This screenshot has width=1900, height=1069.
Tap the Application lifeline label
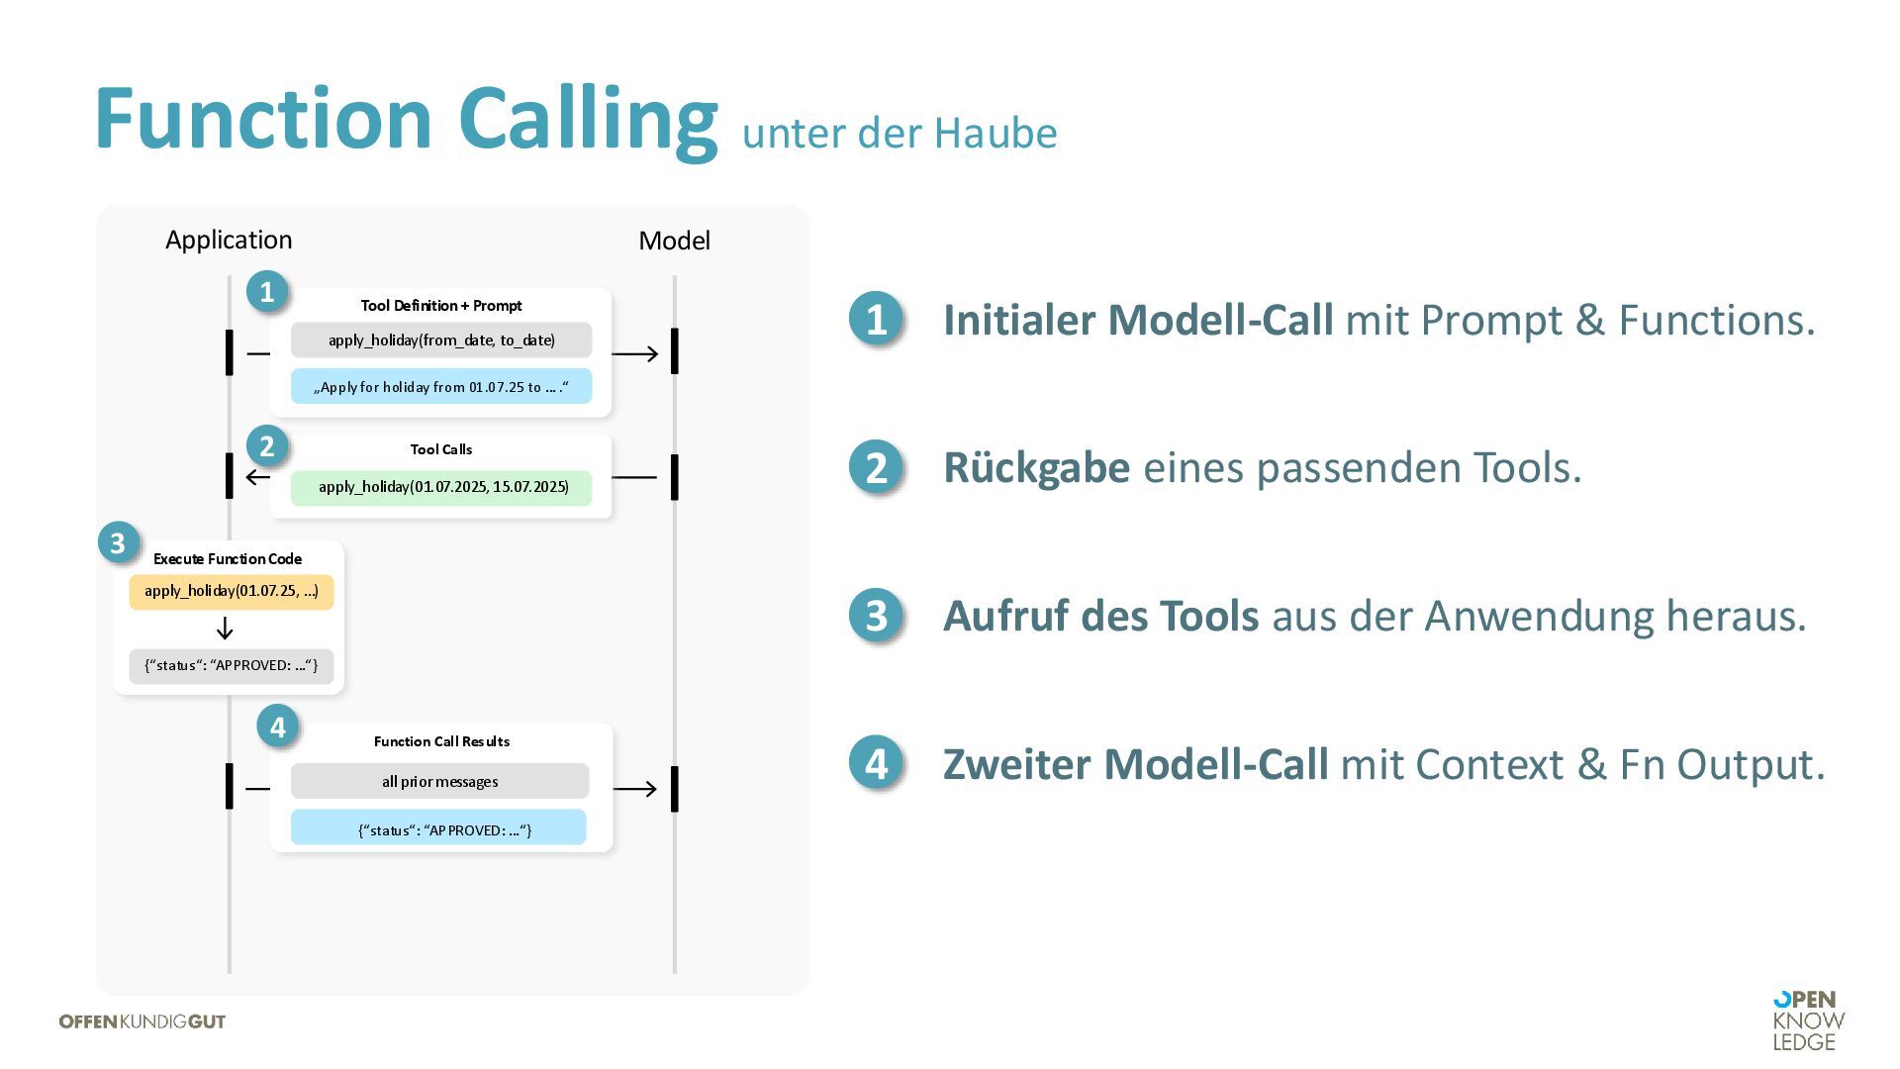tap(229, 241)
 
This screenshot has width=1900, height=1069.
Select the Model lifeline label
tap(674, 241)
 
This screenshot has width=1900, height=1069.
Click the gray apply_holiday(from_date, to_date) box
tap(441, 340)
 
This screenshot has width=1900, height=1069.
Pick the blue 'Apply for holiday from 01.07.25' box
tap(441, 387)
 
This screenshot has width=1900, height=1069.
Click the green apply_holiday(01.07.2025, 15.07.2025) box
tap(441, 487)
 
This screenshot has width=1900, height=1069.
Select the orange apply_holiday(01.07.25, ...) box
tap(231, 592)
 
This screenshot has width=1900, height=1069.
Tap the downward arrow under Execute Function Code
tap(225, 629)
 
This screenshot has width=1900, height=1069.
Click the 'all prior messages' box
tap(439, 782)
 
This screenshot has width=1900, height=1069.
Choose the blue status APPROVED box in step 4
tap(438, 829)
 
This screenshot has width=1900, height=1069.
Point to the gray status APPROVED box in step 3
tap(231, 666)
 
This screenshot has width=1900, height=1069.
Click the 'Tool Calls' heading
tap(441, 449)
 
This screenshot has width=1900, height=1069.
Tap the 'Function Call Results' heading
tap(441, 741)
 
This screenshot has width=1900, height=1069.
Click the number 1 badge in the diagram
tap(266, 292)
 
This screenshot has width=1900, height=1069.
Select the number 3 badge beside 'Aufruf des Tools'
tap(876, 616)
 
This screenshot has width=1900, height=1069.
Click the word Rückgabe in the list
tap(1036, 468)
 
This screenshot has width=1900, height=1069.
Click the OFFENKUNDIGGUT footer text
tap(142, 1021)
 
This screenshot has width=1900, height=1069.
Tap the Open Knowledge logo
tap(1808, 1020)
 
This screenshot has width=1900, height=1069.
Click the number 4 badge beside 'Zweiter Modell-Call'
tap(876, 764)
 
